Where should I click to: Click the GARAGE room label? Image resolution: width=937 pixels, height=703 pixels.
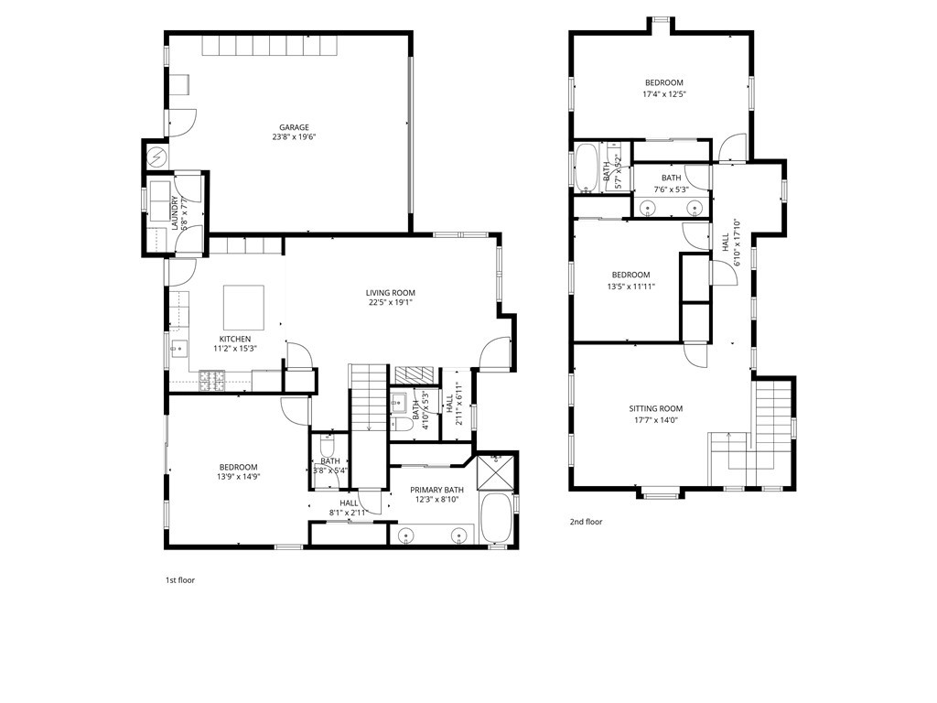(294, 127)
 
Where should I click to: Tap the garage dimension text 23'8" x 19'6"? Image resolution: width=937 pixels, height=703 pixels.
(294, 137)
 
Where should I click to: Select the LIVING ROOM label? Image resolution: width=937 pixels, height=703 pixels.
(391, 293)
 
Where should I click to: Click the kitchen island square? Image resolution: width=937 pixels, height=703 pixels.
(244, 307)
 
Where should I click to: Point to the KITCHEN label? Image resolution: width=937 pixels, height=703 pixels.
(234, 339)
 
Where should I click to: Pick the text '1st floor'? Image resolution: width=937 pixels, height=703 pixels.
(179, 580)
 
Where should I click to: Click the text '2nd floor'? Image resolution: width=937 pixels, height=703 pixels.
(586, 522)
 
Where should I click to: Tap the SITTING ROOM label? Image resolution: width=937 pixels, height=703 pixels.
(655, 408)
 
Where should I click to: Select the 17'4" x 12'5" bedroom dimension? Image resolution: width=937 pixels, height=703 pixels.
(663, 93)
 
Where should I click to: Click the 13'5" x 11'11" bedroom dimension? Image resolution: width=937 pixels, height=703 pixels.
(630, 286)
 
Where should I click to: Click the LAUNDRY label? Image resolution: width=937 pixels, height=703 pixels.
(174, 212)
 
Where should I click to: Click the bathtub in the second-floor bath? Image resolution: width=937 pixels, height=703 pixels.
(586, 168)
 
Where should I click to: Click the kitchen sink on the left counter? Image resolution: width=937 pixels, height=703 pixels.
(179, 347)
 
